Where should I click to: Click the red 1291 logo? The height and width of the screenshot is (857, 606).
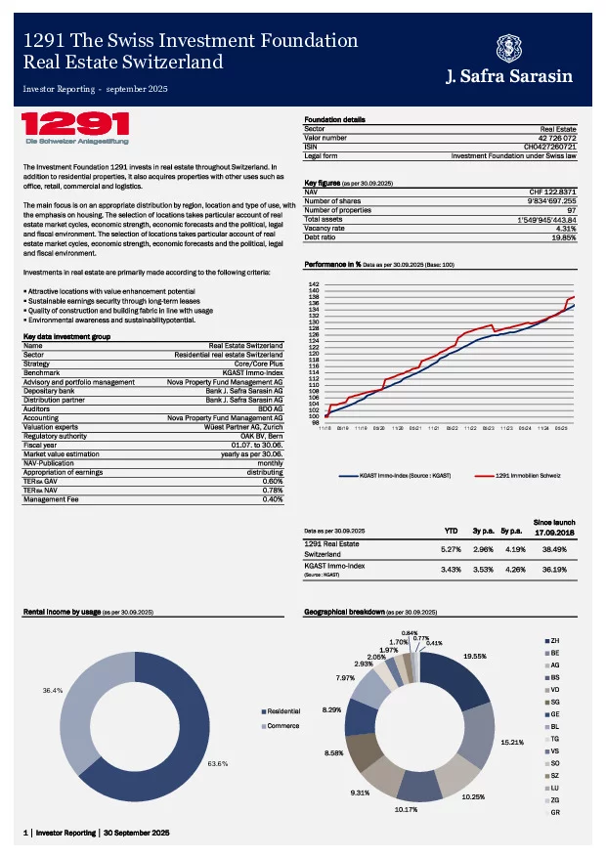pyautogui.click(x=76, y=124)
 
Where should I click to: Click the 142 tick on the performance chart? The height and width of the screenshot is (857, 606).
pyautogui.click(x=314, y=283)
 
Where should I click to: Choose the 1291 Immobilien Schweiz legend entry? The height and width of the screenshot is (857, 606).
pyautogui.click(x=527, y=475)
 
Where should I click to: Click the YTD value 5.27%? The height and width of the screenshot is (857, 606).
pyautogui.click(x=451, y=548)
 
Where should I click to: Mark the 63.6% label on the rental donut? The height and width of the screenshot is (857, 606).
pyautogui.click(x=218, y=763)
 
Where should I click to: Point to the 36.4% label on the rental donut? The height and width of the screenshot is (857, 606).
pyautogui.click(x=55, y=690)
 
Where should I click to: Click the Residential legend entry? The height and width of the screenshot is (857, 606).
pyautogui.click(x=282, y=710)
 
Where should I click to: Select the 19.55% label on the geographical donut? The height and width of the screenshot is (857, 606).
pyautogui.click(x=476, y=656)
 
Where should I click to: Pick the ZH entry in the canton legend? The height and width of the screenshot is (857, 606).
pyautogui.click(x=554, y=639)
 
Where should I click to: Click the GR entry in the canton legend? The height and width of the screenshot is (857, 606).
pyautogui.click(x=554, y=813)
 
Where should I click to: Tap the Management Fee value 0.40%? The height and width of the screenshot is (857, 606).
pyautogui.click(x=273, y=499)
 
